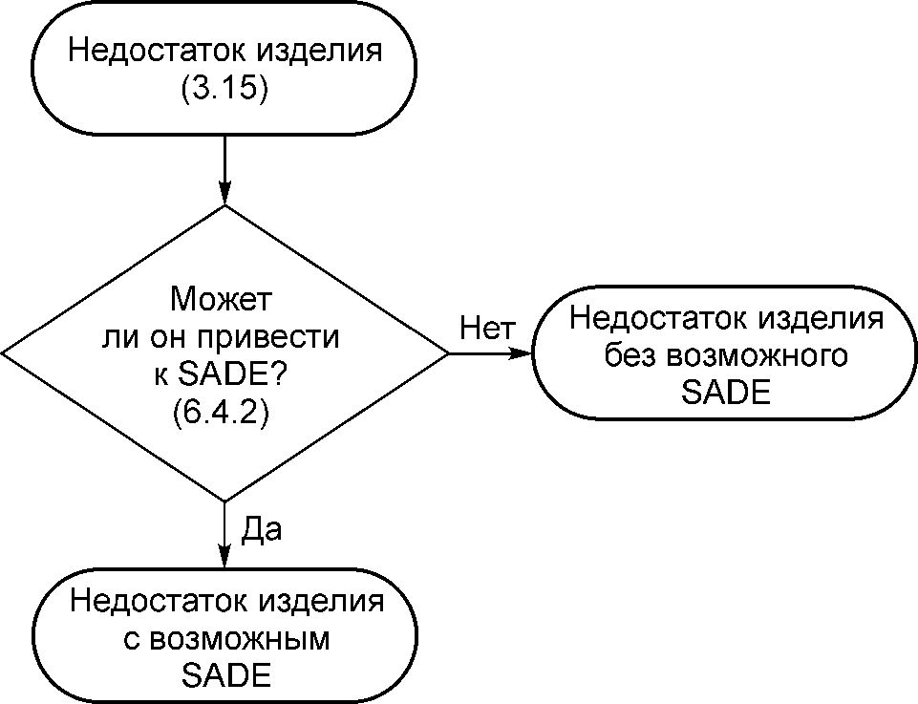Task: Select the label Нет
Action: pyautogui.click(x=480, y=329)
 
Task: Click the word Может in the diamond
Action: pyautogui.click(x=224, y=300)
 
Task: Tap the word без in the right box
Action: pyautogui.click(x=630, y=355)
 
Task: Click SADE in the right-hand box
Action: pyautogui.click(x=726, y=392)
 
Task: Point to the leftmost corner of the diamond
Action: pyautogui.click(x=5, y=353)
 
